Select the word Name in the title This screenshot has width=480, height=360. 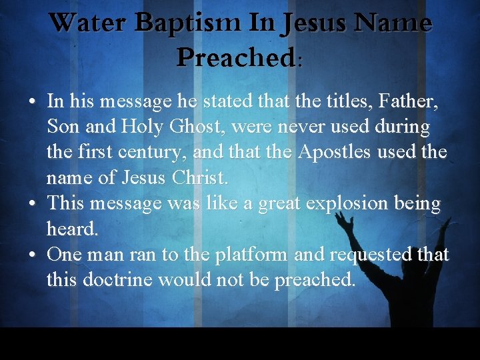[393, 23]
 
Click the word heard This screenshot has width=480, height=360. [72, 229]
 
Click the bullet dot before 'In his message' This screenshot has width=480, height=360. [31, 103]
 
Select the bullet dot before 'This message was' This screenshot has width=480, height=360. [31, 205]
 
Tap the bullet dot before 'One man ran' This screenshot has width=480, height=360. [31, 255]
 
